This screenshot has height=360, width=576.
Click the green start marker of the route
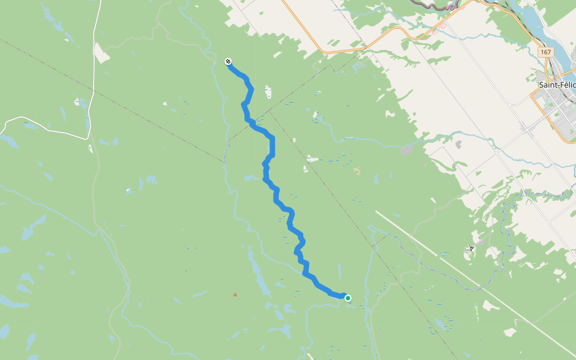click(x=347, y=298)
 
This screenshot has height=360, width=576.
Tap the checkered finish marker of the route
click(x=228, y=61)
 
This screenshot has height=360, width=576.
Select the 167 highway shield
click(x=545, y=52)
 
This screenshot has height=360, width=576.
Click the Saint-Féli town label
click(x=557, y=85)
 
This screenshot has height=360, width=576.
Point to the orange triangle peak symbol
click(x=235, y=295)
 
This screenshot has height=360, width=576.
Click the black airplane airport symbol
click(x=472, y=248)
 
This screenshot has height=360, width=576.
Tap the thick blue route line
click(x=272, y=147)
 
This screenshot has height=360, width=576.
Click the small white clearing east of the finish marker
click(x=268, y=92)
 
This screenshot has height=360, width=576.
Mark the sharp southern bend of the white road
click(x=88, y=137)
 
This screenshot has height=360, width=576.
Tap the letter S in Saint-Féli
click(x=542, y=85)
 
